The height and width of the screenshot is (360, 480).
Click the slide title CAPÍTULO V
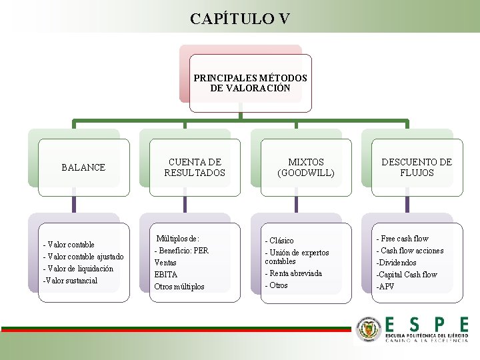pos(239,18)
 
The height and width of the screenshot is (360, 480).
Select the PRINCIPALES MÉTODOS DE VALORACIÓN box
pos(250,83)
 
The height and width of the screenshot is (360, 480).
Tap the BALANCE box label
pos(83,167)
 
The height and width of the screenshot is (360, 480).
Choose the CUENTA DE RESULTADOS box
pos(195,167)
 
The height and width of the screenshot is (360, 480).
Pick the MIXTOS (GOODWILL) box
pos(305,167)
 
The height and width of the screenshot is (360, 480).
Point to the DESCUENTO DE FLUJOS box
pos(417,167)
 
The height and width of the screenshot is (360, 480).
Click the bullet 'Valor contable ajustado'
pos(84,257)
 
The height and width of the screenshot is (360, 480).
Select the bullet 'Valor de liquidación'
pos(79,269)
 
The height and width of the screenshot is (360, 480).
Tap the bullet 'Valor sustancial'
pos(71,281)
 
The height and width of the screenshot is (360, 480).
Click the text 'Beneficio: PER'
pos(183,251)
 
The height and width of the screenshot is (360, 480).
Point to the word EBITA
pos(166,275)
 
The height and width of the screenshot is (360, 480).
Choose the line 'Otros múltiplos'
pos(179,287)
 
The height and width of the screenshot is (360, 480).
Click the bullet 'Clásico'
pos(280,241)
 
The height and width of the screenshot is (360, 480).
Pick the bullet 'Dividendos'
pos(397,263)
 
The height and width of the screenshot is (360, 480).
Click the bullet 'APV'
pos(386,287)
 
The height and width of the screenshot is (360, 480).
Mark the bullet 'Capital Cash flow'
pos(407,275)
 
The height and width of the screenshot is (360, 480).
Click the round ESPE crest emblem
pos(369,329)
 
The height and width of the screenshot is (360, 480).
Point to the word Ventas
pos(165,263)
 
